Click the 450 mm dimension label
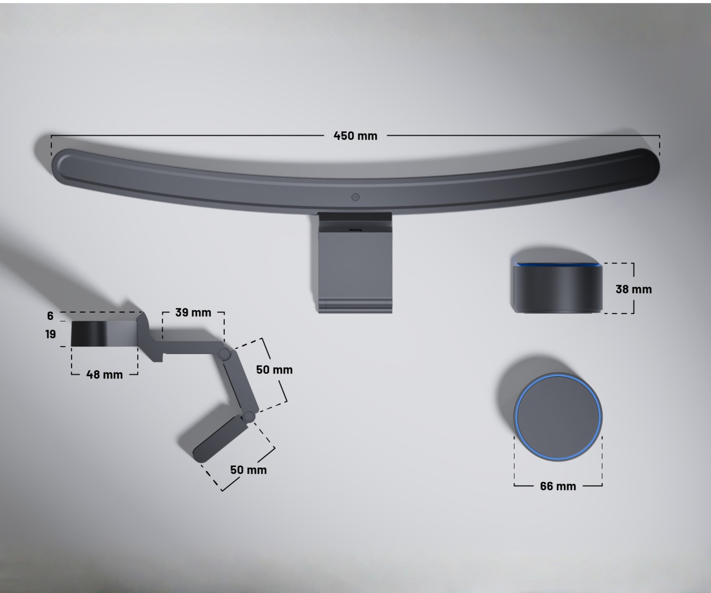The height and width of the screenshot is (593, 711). coord(355,136)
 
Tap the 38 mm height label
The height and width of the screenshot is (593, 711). coord(633,289)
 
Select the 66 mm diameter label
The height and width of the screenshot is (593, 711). coord(558,486)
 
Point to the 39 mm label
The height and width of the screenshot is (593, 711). coord(193,313)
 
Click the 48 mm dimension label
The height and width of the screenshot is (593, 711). coord(104,375)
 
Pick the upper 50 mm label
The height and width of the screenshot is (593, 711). coord(274,369)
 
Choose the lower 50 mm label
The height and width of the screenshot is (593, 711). coord(248,470)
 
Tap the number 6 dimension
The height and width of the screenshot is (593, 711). coord(50,316)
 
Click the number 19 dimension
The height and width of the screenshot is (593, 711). coord(50,334)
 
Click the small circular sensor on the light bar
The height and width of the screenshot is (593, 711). coord(355,197)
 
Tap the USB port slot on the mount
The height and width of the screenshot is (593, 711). coord(355,230)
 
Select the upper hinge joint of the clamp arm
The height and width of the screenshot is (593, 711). coord(224,354)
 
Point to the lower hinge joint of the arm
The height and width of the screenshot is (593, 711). coord(249,417)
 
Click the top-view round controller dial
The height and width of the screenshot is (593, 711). coord(558,417)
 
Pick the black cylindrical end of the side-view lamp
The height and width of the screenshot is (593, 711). coord(85,333)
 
